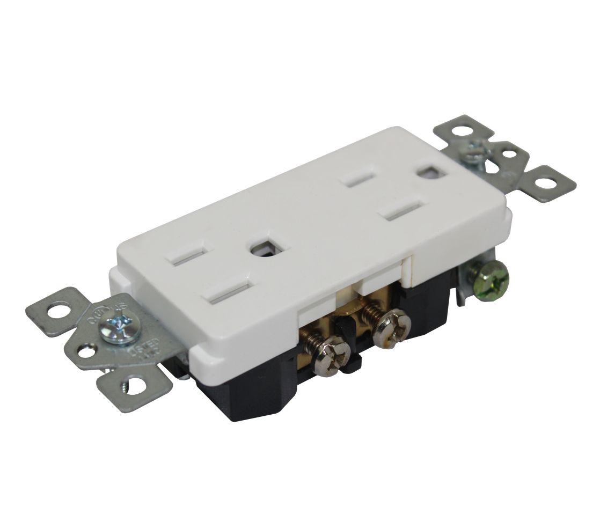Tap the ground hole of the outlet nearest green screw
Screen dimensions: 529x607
click(428, 174)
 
